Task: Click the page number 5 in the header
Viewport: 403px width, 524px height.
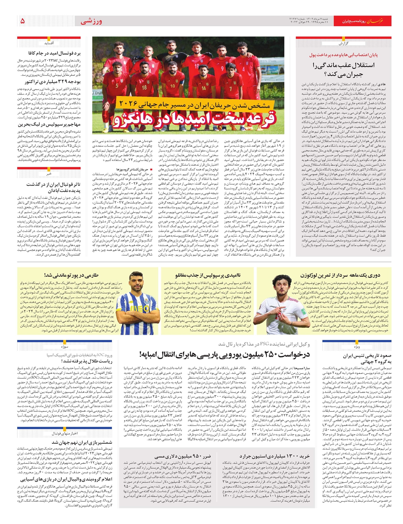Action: [23, 21]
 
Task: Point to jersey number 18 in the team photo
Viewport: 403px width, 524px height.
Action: [144, 87]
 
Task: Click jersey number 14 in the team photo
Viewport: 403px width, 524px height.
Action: [204, 88]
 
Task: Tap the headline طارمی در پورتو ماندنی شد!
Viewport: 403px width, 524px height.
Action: [65, 275]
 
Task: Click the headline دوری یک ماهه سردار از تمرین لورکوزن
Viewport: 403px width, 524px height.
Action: [340, 275]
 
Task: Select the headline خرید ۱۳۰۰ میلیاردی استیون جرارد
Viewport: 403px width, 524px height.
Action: [275, 456]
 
